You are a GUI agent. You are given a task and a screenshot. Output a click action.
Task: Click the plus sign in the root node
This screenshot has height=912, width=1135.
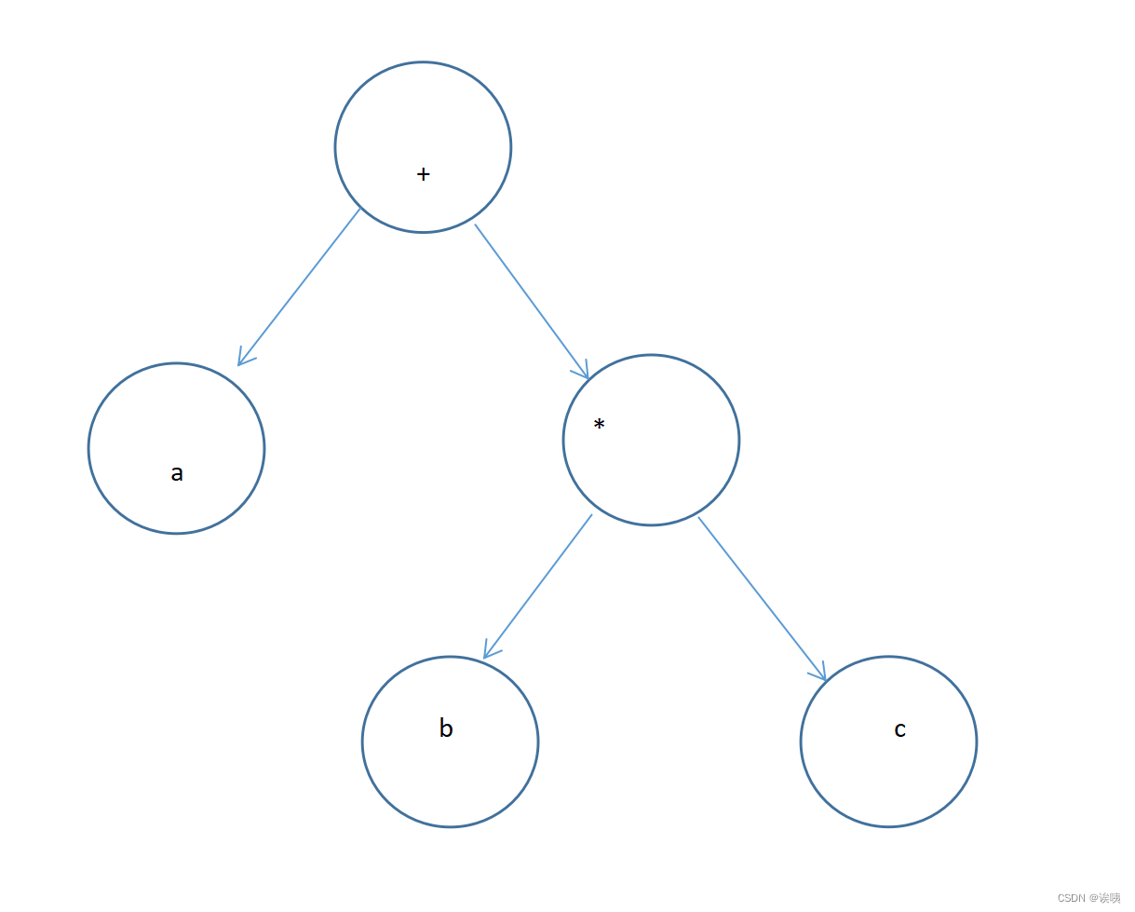423,174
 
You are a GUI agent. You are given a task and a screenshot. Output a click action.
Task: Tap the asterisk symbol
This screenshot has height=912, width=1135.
599,425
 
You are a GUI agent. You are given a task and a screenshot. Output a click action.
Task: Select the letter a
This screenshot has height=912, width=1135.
177,473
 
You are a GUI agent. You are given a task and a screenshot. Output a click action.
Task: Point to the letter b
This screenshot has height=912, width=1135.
446,728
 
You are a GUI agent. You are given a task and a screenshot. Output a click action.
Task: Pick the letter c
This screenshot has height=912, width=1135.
899,729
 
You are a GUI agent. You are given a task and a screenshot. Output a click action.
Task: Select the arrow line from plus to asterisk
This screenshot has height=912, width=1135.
531,300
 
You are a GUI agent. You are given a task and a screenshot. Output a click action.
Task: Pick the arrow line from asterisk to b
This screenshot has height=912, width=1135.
539,585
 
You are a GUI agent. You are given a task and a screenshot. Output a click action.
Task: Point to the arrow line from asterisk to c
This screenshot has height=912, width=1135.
761,597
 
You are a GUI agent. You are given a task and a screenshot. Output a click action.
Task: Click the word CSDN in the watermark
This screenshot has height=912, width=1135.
1071,898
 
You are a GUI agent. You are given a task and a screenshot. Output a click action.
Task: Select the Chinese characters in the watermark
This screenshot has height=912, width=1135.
1110,898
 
